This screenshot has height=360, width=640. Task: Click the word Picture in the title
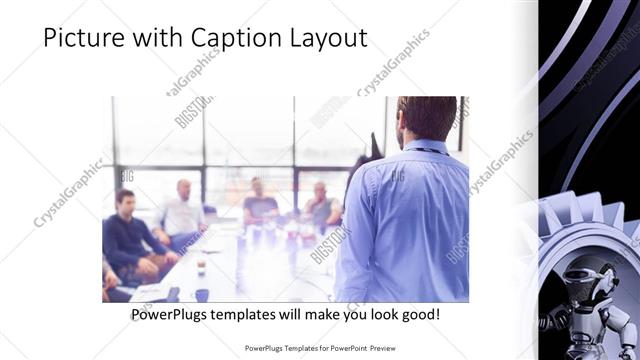pyautogui.click(x=82, y=39)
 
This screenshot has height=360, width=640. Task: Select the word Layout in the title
pyautogui.click(x=327, y=39)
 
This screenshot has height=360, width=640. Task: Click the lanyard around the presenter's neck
pyautogui.click(x=428, y=149)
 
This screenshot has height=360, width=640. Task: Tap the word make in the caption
pyautogui.click(x=318, y=315)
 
